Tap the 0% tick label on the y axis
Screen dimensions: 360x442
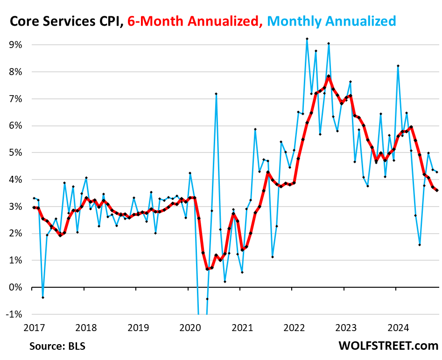16,287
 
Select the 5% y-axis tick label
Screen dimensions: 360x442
16,152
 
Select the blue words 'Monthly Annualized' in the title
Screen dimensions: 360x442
332,21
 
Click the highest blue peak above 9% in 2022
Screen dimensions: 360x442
307,39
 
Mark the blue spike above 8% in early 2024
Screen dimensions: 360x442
398,66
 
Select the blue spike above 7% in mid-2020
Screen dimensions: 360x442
216,94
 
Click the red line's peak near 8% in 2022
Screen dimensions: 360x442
329,76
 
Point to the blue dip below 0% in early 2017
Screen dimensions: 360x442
42,298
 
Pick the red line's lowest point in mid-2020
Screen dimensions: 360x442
207,269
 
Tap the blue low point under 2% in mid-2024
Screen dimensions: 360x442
420,245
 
